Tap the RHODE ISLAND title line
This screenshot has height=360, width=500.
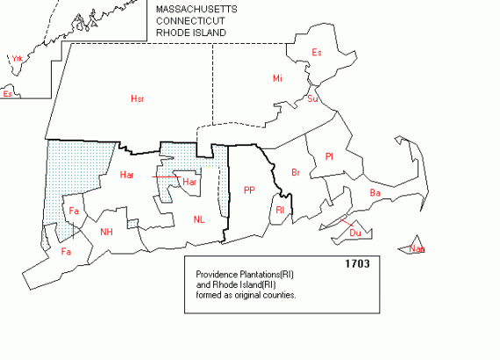[191, 32]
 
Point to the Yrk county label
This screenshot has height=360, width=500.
[16, 59]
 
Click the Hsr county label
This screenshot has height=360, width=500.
[137, 98]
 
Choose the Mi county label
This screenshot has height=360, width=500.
[277, 79]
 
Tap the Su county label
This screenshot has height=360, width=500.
[312, 99]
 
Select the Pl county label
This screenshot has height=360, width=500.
[329, 156]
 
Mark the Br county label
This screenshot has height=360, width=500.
[296, 171]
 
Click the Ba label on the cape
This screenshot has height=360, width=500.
[375, 192]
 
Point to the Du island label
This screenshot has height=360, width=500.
[354, 233]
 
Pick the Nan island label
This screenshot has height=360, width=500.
[417, 249]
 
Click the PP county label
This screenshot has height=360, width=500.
[249, 190]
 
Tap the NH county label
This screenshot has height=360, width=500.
[107, 232]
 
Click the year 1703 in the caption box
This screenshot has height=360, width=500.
[358, 263]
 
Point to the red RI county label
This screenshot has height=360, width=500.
[280, 211]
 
